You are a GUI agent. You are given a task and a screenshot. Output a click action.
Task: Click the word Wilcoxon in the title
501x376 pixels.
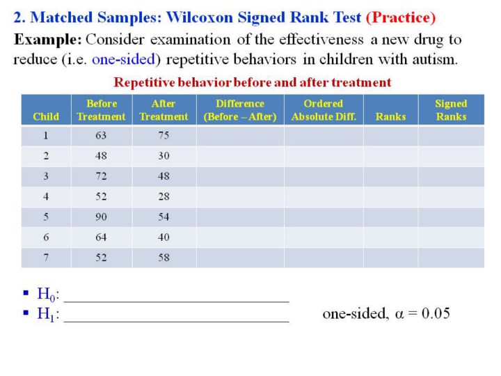click(x=200, y=17)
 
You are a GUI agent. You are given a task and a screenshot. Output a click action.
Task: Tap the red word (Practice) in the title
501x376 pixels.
click(x=401, y=17)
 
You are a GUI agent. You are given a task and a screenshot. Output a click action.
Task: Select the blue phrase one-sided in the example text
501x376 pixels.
click(x=123, y=59)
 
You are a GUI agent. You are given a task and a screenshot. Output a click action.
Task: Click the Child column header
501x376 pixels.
click(x=46, y=117)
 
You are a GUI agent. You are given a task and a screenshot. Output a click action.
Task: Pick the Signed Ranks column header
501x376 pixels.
click(x=451, y=110)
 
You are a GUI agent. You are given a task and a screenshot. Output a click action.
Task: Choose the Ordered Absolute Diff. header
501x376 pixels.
click(x=324, y=110)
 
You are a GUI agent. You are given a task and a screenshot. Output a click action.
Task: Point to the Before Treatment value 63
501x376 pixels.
click(x=101, y=136)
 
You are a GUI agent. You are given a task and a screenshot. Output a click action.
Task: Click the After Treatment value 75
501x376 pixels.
click(x=164, y=136)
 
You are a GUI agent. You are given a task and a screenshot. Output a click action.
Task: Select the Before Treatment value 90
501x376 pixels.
click(x=101, y=217)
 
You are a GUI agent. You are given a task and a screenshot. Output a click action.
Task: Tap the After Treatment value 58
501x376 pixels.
click(x=164, y=258)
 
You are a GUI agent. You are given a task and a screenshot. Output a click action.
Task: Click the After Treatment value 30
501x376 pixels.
click(x=164, y=156)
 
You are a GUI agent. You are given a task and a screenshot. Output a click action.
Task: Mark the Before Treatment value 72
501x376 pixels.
click(x=101, y=176)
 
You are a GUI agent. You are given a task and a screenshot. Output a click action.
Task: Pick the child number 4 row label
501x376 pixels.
click(x=46, y=196)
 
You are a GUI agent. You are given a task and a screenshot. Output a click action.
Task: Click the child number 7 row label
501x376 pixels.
click(x=46, y=258)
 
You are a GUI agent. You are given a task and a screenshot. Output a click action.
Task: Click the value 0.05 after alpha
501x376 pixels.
click(x=436, y=313)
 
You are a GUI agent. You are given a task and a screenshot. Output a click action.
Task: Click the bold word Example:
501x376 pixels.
click(x=48, y=40)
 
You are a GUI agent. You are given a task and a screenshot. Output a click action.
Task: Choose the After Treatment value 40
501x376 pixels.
click(x=164, y=237)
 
